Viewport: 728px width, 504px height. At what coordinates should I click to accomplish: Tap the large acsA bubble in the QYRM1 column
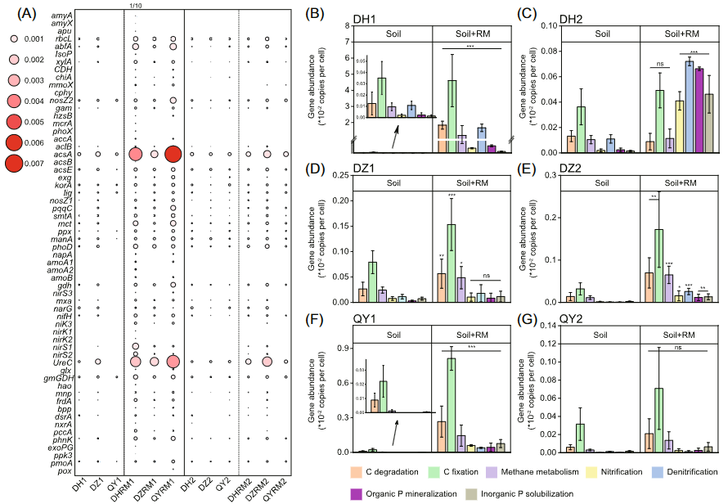(173, 154)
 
